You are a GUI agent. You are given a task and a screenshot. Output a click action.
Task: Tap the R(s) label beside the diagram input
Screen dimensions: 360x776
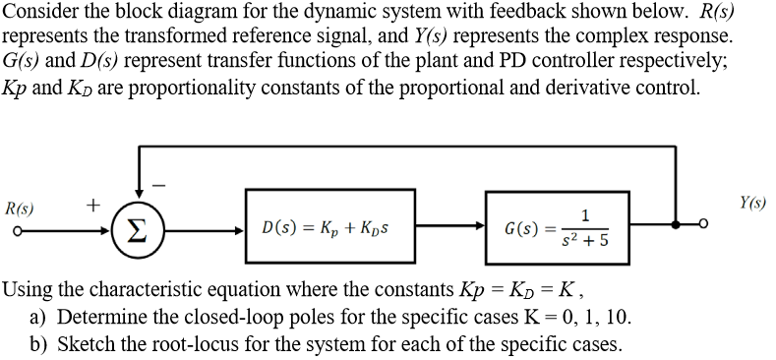18,208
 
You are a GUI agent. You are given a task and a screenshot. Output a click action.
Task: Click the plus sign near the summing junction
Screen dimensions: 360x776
92,205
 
